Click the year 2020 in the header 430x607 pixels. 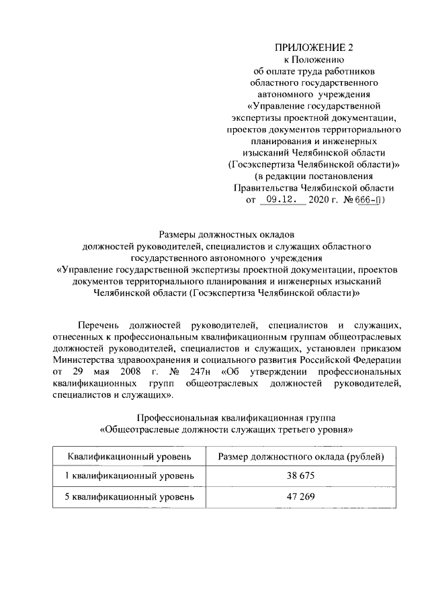(318, 200)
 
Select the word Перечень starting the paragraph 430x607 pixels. (101, 325)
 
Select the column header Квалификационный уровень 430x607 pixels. (128, 457)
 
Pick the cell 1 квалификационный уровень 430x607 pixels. (128, 476)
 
